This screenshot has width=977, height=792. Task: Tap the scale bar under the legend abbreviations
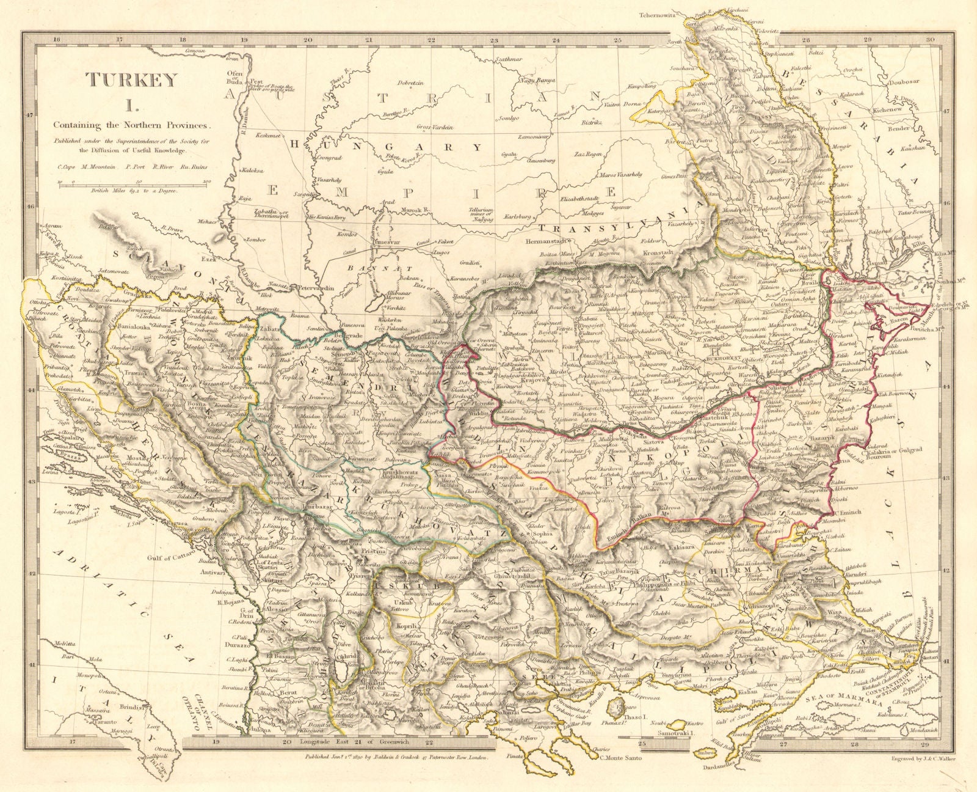coord(134,183)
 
